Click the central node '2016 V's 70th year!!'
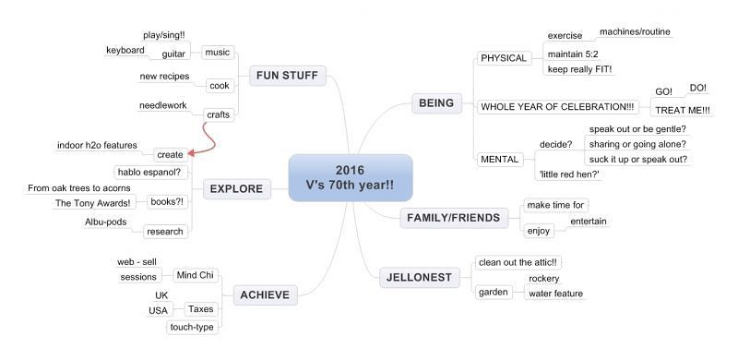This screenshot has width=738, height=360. coord(351,177)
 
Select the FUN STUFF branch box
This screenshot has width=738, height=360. coord(288,76)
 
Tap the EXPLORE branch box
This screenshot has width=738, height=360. coord(237,189)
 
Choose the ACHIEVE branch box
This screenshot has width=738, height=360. coord(265,295)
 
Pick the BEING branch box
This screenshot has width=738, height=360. coord(436,103)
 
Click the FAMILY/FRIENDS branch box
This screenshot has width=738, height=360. coord(454,218)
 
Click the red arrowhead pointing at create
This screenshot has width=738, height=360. coord(191,152)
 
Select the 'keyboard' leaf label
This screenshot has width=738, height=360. coord(125,51)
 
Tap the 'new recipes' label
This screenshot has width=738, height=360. coord(165,77)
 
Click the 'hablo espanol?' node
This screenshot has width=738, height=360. coord(150,172)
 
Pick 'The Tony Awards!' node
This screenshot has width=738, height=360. coord(93,203)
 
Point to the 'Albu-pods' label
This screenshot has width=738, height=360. coord(106,222)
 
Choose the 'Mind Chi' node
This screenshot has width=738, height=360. coord(195,276)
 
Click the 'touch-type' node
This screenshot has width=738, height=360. coord(192,327)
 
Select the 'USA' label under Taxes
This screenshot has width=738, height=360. coord(158,310)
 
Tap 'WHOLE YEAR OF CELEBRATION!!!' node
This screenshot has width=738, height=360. coord(557,107)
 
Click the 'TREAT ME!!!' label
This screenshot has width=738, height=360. coord(683,110)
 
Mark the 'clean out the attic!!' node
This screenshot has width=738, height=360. coord(518,262)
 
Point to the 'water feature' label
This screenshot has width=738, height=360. coord(556,294)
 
